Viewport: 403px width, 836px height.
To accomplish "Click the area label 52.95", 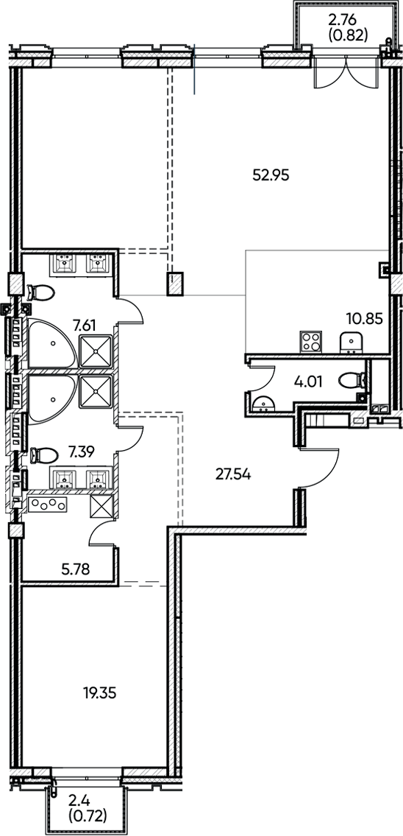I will pos(272,175).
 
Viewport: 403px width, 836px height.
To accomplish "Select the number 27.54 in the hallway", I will pos(233,474).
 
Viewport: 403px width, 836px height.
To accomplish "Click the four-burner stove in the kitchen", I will pos(311,342).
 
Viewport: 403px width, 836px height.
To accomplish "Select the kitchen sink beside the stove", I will pos(352,341).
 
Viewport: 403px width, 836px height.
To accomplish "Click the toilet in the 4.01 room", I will pos(357,381).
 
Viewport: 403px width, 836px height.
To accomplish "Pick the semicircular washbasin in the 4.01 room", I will pos(260,403).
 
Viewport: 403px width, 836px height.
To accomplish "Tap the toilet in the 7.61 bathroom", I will pos(43,293).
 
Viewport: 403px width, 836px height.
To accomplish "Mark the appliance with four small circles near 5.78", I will pos(49,505).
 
